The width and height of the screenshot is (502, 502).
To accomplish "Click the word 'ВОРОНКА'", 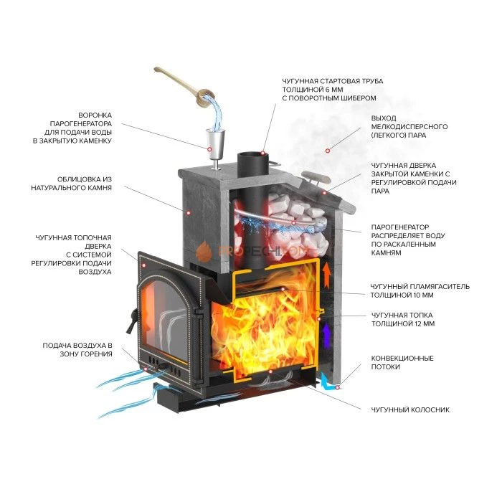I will [x=94, y=115].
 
